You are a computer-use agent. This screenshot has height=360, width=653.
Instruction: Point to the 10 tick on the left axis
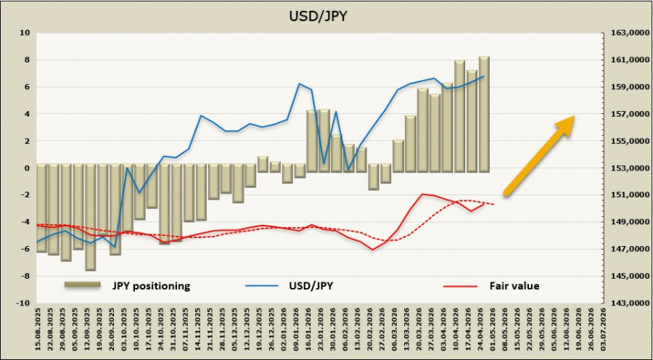point(25,33)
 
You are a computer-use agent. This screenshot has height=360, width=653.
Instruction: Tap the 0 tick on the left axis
point(26,168)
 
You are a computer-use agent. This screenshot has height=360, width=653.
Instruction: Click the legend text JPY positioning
point(151,286)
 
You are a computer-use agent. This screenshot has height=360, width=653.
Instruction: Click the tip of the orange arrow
point(575,117)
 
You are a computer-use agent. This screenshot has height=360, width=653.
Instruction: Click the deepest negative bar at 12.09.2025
point(91,218)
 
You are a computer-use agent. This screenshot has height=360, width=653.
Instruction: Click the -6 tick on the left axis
point(25,249)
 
